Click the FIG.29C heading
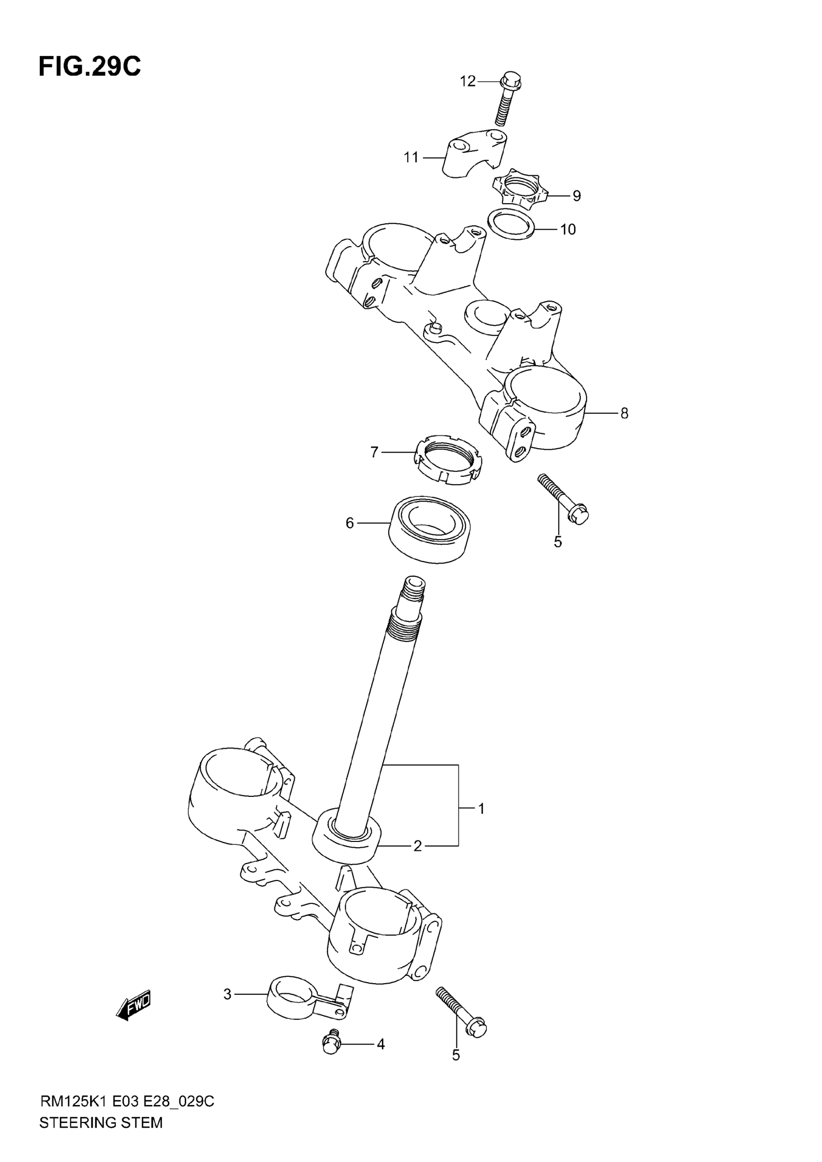(89, 67)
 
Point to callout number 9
(576, 196)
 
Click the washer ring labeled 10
(512, 224)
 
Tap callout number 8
(624, 413)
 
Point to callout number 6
(349, 523)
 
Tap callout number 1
(482, 809)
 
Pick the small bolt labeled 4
(332, 1043)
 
